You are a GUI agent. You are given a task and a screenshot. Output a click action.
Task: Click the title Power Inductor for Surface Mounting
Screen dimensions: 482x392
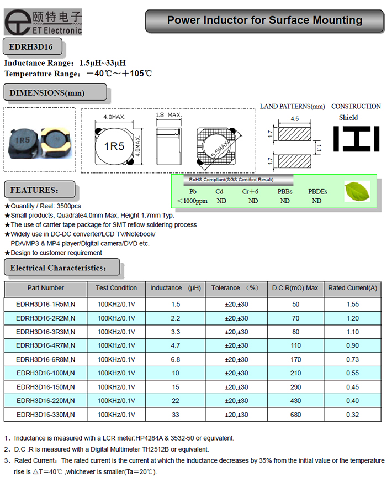pos(264,21)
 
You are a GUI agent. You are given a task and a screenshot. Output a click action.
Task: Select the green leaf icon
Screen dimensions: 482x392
pos(357,192)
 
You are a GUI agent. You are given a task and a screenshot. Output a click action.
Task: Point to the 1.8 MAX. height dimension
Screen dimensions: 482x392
pos(168,115)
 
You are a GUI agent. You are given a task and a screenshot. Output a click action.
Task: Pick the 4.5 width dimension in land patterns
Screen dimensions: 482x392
pos(294,118)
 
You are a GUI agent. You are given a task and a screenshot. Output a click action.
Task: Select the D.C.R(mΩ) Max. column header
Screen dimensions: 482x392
pos(295,288)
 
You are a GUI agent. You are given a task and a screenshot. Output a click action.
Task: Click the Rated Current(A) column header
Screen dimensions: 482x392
pos(353,288)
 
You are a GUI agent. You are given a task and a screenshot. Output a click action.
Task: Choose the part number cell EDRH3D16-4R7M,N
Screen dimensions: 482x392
pos(46,345)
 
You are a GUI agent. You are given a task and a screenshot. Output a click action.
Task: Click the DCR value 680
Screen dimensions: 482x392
pos(295,415)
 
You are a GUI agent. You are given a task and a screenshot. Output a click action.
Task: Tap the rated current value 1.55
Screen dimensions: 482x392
pos(352,304)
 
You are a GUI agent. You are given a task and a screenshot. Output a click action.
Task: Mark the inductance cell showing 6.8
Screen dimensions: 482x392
pos(176,359)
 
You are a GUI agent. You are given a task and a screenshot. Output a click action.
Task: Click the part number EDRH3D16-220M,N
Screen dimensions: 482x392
pos(46,401)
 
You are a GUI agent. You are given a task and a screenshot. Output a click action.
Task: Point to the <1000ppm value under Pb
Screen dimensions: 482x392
pos(192,201)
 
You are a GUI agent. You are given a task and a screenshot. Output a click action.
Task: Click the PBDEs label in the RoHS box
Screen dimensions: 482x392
pos(317,192)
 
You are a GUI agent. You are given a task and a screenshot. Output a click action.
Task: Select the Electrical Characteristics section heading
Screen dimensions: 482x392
pos(58,268)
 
